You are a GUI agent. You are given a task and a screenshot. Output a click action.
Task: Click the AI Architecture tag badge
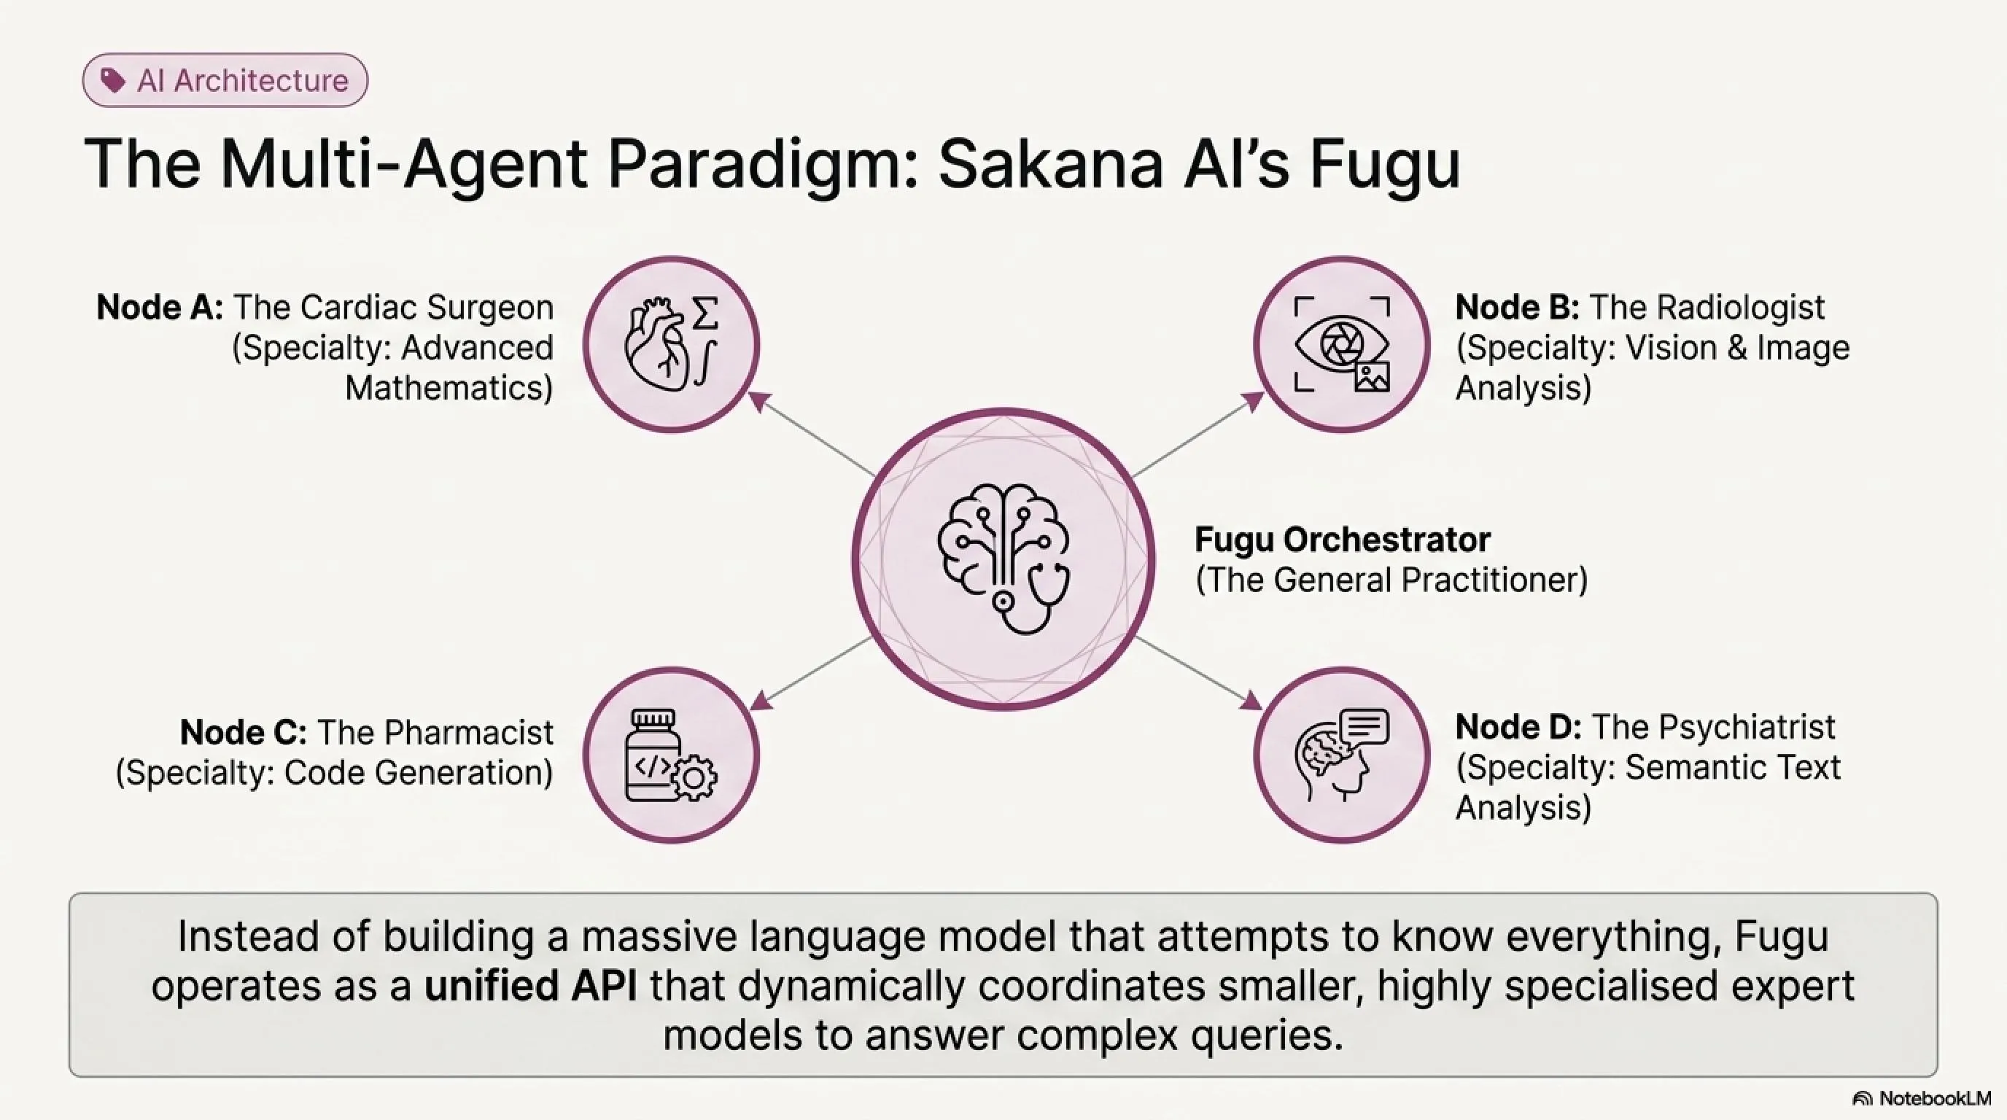(x=225, y=80)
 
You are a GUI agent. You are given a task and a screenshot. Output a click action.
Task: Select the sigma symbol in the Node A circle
(x=705, y=313)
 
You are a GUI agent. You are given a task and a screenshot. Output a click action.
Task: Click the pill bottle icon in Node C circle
(x=653, y=755)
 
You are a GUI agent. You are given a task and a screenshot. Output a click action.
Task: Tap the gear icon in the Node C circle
(x=694, y=777)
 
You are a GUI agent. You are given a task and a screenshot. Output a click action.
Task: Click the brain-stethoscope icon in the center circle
(x=1004, y=559)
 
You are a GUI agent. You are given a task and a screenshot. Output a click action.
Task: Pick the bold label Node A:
(x=160, y=307)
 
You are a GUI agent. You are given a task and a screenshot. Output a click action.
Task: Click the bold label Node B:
(x=1517, y=307)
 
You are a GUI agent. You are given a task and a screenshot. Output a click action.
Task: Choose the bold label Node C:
(x=243, y=731)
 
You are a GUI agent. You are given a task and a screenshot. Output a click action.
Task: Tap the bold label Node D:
(x=1518, y=727)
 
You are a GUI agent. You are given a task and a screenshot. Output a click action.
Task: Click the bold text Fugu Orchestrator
(x=1343, y=539)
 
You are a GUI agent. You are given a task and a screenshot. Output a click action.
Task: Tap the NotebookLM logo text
(x=1935, y=1098)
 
